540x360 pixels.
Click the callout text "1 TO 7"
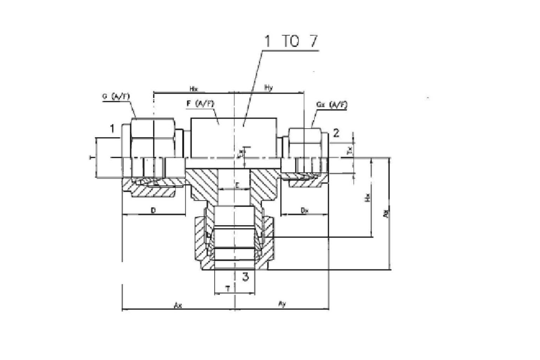[290, 41]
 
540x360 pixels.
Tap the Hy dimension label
[268, 88]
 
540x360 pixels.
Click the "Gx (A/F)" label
[332, 105]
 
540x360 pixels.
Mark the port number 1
[112, 129]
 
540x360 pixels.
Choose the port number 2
[336, 133]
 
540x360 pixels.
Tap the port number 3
[245, 276]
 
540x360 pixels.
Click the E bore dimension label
[237, 185]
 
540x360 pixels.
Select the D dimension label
[153, 211]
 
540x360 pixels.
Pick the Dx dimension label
[304, 211]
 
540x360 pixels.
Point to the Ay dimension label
[282, 303]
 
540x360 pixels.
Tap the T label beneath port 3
[228, 289]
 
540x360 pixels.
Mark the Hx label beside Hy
[193, 89]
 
